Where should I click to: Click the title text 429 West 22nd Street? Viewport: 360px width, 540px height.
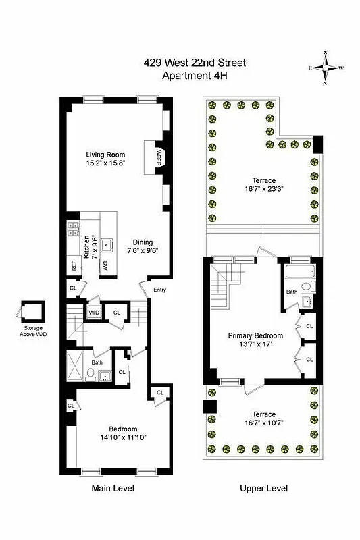pyautogui.click(x=194, y=63)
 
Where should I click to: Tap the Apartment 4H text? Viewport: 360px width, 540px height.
pyautogui.click(x=194, y=76)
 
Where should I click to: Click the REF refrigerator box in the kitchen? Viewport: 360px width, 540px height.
pyautogui.click(x=73, y=265)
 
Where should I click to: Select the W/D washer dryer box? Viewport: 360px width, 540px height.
pyautogui.click(x=93, y=313)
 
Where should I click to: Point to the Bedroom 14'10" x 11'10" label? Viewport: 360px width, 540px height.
pyautogui.click(x=123, y=433)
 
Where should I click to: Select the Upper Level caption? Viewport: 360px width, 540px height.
pyautogui.click(x=265, y=488)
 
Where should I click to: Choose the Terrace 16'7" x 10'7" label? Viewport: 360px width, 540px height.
pyautogui.click(x=263, y=418)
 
